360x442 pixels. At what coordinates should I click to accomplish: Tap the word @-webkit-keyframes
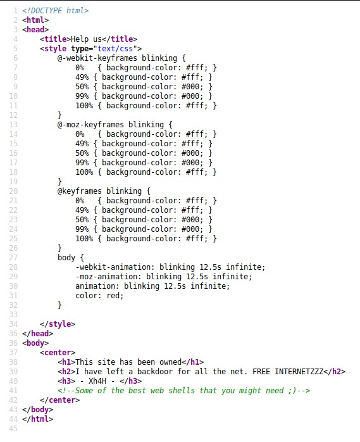pos(97,58)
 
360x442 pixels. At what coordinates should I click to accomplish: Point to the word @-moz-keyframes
pos(90,125)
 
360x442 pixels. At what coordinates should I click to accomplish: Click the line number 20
pos(13,191)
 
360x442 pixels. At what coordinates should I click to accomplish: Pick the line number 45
pos(13,429)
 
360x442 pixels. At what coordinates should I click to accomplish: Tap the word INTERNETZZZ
pos(299,372)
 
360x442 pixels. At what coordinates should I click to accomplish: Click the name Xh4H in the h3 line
pos(97,381)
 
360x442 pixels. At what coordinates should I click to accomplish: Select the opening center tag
pos(58,353)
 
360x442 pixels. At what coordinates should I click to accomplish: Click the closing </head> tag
pos(38,334)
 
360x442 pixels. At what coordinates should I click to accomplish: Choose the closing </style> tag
pos(58,324)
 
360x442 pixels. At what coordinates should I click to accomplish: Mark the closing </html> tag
pos(38,419)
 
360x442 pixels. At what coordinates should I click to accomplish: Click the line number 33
pos(13,315)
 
